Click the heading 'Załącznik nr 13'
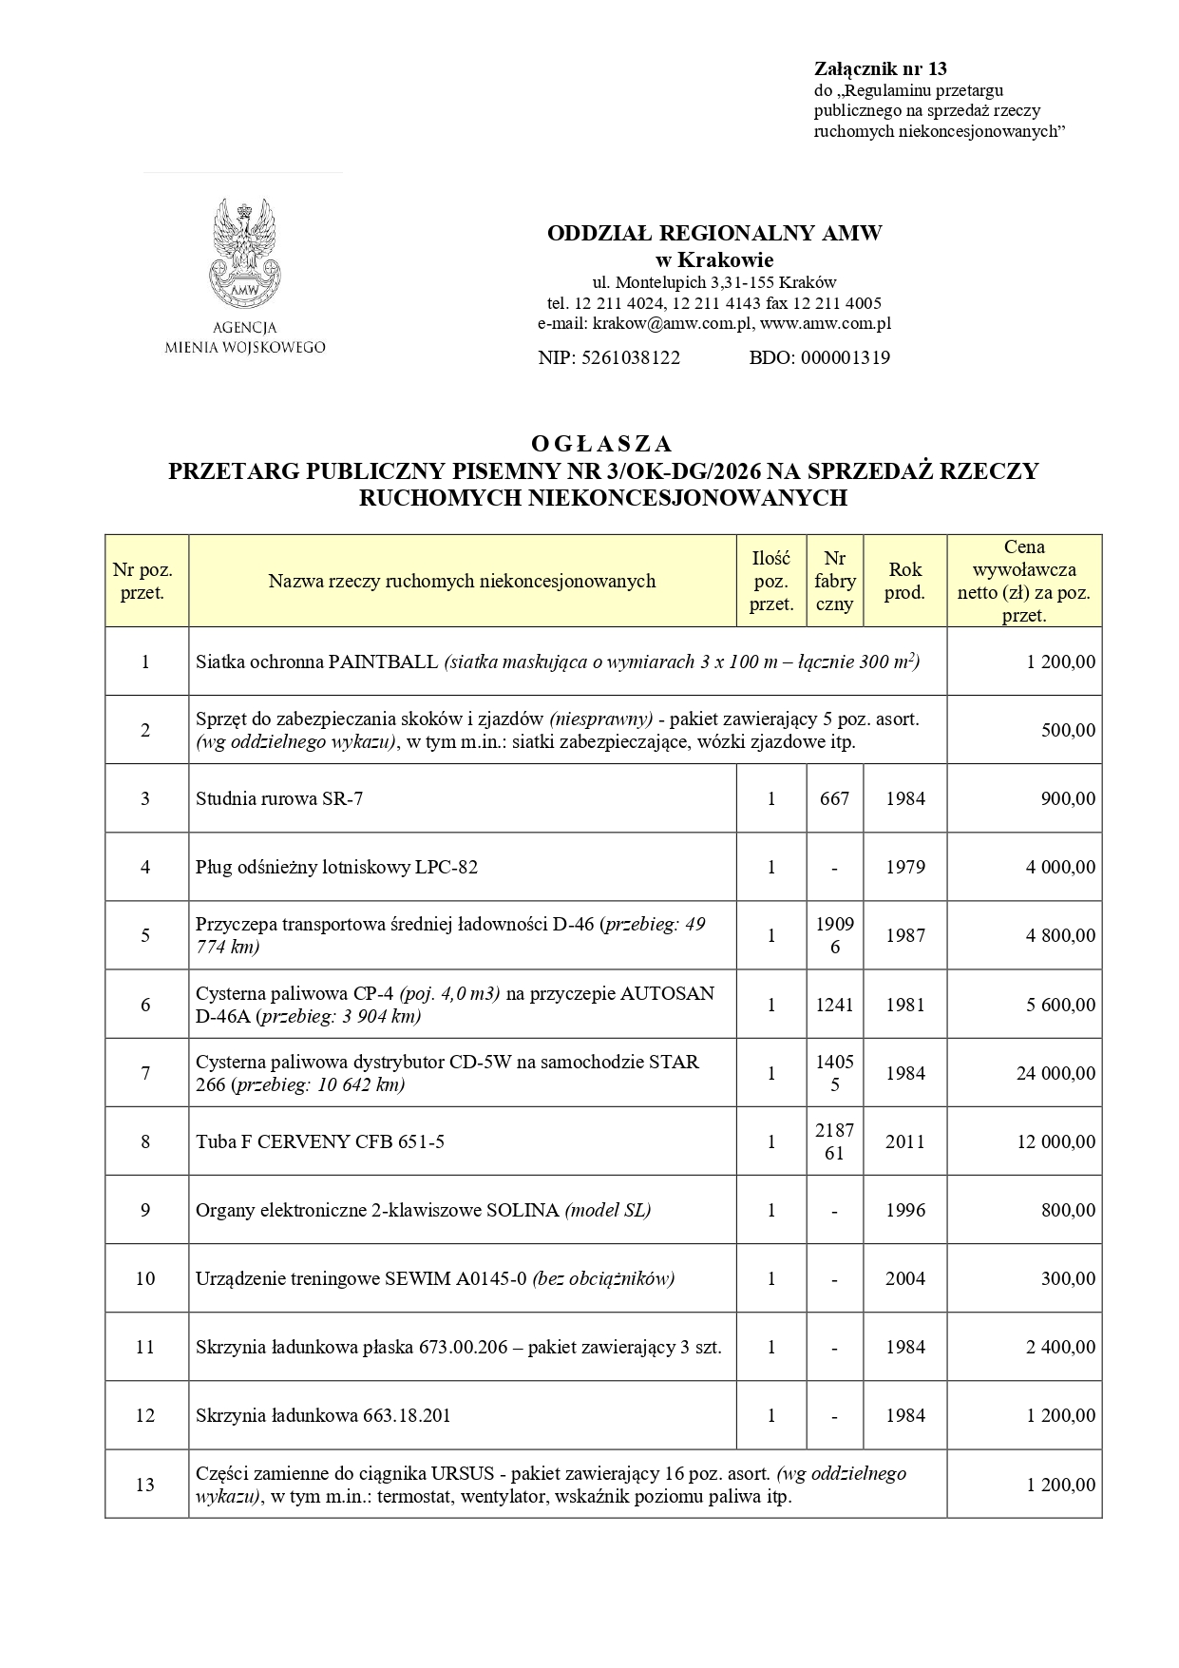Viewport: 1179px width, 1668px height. (x=880, y=68)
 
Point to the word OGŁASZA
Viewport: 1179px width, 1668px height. (x=601, y=444)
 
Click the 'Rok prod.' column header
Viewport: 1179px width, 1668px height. (x=904, y=581)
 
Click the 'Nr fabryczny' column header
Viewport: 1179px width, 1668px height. (x=834, y=581)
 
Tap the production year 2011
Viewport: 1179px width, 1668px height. (x=904, y=1141)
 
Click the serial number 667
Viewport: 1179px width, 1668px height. (x=834, y=798)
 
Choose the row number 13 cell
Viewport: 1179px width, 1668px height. (x=145, y=1485)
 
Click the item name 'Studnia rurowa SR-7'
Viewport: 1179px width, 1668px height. (x=279, y=798)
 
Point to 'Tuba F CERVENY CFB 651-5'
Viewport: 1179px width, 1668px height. (x=320, y=1141)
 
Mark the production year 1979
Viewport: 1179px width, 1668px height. (x=904, y=867)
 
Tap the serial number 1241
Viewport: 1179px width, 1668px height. (x=834, y=1005)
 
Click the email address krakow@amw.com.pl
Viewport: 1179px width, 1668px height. (x=673, y=324)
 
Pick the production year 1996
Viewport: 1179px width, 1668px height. (x=904, y=1210)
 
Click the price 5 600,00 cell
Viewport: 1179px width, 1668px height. (x=1060, y=1005)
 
